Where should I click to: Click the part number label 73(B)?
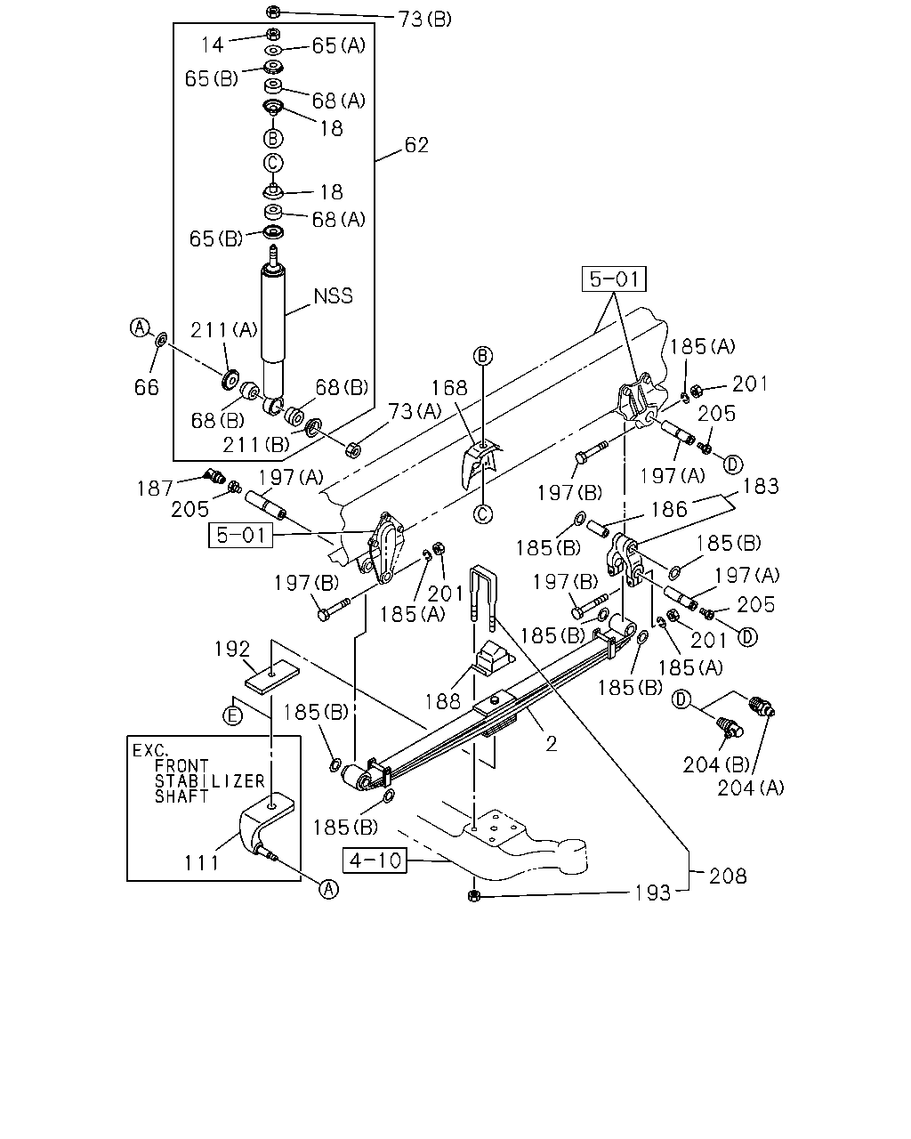pyautogui.click(x=424, y=20)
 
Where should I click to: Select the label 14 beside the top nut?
pyautogui.click(x=212, y=45)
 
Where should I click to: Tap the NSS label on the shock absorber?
pyautogui.click(x=333, y=295)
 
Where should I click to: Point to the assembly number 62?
pyautogui.click(x=416, y=145)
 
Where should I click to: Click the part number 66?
pyautogui.click(x=147, y=387)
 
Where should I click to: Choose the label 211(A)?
pyautogui.click(x=224, y=330)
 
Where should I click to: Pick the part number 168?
pyautogui.click(x=449, y=388)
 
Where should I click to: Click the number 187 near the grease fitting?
pyautogui.click(x=155, y=489)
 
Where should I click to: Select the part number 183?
pyautogui.click(x=761, y=487)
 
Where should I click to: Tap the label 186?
pyautogui.click(x=669, y=510)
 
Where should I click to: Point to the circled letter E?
pyautogui.click(x=232, y=716)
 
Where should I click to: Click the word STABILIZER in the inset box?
pyautogui.click(x=210, y=781)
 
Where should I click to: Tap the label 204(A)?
pyautogui.click(x=751, y=788)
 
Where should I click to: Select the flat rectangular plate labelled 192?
pyautogui.click(x=272, y=678)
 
